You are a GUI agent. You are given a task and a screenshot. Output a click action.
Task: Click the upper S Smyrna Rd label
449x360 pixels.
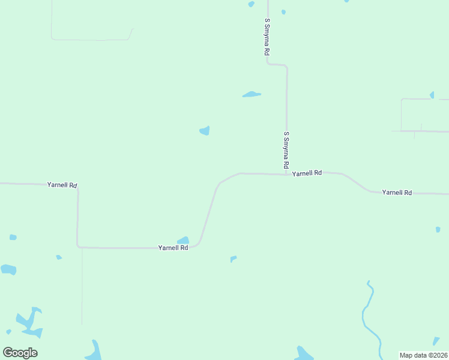tap(267, 37)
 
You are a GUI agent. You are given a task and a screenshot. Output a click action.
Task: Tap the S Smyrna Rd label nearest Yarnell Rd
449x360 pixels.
tap(286, 149)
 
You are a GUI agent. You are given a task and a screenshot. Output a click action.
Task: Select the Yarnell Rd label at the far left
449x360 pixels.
tap(62, 185)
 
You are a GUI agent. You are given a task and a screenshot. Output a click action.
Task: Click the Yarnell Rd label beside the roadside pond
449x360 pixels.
tap(173, 247)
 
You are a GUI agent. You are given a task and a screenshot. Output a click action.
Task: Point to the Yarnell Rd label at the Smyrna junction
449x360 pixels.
tap(307, 173)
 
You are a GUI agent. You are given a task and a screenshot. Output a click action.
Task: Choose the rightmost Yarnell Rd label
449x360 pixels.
tap(397, 193)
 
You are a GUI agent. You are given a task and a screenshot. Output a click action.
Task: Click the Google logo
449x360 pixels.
tap(20, 352)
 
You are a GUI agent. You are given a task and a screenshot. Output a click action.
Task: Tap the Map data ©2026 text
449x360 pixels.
tap(424, 355)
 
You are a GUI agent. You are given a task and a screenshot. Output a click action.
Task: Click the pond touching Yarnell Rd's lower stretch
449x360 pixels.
tap(184, 241)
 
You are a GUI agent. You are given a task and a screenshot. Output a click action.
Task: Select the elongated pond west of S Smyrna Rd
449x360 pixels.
tap(252, 94)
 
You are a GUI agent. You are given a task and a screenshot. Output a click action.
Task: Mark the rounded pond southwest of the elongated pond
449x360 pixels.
tap(205, 130)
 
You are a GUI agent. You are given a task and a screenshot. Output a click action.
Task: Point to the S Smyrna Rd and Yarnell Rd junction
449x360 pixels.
tap(287, 174)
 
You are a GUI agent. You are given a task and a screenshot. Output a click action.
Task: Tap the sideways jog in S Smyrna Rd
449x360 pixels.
tap(277, 64)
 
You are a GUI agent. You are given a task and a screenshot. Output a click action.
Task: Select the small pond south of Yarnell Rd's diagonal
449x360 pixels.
tap(234, 259)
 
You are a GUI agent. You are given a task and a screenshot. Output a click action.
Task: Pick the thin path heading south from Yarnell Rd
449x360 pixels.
tap(82, 288)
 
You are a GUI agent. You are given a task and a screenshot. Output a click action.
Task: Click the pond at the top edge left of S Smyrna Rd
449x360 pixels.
tap(251, 4)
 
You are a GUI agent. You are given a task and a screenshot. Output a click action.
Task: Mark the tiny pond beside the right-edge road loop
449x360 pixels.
tap(432, 95)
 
